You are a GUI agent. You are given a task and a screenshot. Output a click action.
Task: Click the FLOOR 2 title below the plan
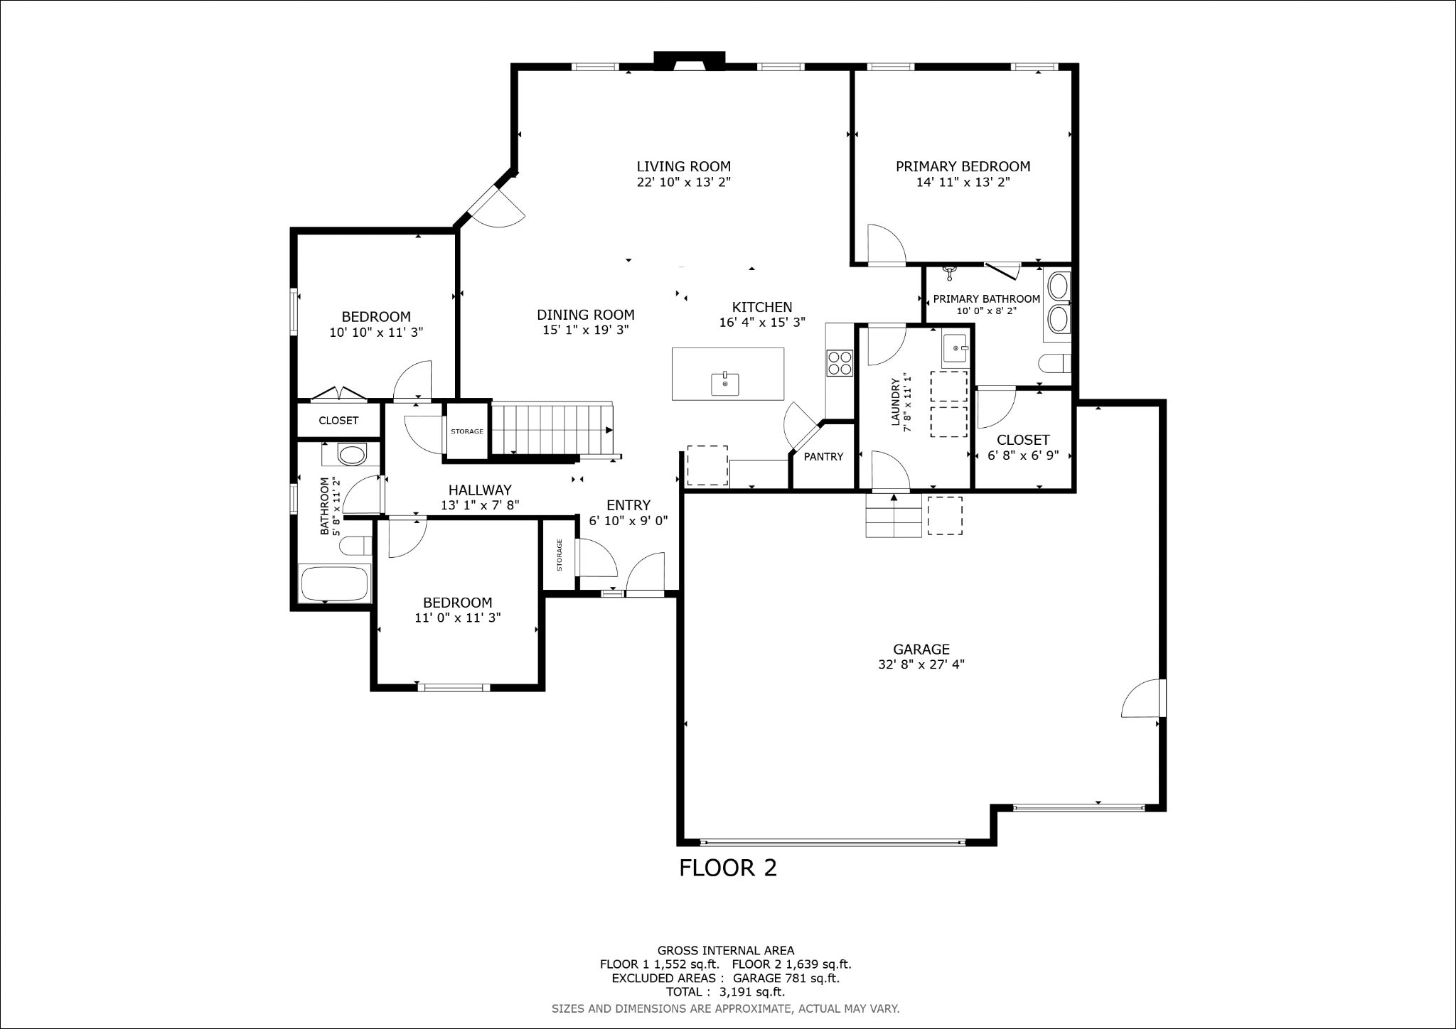(728, 868)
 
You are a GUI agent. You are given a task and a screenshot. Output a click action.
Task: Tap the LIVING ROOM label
(683, 166)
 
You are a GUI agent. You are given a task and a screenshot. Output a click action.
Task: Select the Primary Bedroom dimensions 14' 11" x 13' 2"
(963, 182)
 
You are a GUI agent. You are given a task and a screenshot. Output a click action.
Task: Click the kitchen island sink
(725, 384)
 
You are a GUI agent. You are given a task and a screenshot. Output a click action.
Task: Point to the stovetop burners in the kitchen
(839, 362)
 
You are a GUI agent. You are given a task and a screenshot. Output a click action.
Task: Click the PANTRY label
(823, 457)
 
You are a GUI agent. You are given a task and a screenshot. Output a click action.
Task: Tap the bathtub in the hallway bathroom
(335, 583)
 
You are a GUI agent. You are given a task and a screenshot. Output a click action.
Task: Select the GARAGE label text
(921, 649)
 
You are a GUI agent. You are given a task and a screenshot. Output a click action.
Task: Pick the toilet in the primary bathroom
(1054, 364)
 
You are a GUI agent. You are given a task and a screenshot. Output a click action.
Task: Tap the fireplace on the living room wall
(690, 61)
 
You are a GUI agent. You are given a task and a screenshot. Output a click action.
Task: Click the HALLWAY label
(480, 490)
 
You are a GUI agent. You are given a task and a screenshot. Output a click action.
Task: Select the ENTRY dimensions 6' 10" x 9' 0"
(628, 520)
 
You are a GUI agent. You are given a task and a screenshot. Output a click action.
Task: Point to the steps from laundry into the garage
(894, 515)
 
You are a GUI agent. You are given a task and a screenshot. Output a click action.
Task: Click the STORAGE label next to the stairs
(467, 431)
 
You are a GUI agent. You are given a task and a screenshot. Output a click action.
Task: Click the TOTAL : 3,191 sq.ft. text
(725, 992)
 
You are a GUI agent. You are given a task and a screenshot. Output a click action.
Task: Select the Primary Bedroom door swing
(887, 244)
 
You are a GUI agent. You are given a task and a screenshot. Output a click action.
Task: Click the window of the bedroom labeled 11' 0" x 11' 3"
(454, 687)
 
